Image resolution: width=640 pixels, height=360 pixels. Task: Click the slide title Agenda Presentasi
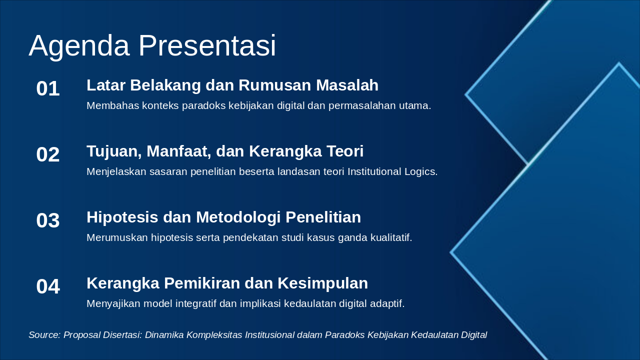[152, 46]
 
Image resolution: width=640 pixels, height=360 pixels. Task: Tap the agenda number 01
[48, 89]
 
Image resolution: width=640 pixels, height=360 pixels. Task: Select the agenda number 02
[48, 155]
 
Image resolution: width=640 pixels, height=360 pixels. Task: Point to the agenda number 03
[48, 221]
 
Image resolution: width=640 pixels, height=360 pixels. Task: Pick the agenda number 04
[48, 287]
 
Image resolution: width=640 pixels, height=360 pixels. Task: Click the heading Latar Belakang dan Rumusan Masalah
[232, 85]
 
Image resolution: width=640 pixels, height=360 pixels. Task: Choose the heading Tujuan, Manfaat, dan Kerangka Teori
[225, 151]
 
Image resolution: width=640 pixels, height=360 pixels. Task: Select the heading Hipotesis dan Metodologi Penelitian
[223, 217]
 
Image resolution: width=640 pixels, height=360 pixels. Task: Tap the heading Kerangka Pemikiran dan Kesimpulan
[227, 283]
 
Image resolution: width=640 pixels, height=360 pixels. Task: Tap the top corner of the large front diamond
[618, 64]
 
